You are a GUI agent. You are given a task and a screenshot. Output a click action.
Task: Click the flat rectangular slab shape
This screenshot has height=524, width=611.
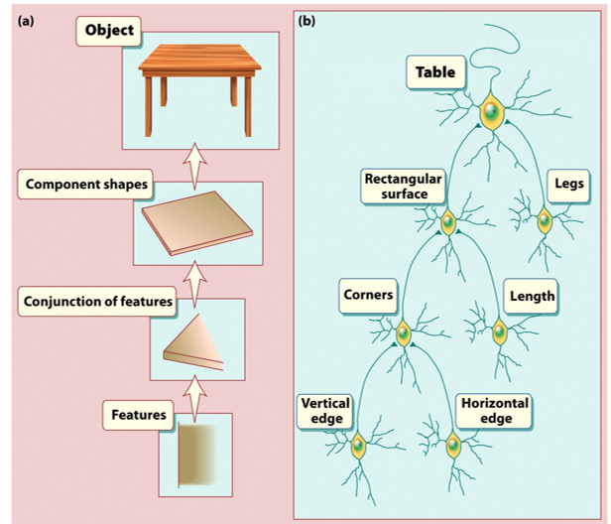click(197, 224)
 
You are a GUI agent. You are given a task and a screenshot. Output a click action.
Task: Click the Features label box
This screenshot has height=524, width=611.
click(139, 415)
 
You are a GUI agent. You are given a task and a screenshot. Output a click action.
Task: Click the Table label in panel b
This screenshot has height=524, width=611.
click(435, 72)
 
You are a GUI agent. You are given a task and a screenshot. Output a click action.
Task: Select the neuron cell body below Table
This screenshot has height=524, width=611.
click(489, 113)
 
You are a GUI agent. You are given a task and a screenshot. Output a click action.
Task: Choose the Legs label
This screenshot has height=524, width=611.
click(568, 184)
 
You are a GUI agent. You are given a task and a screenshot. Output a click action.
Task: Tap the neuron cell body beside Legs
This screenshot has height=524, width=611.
click(544, 220)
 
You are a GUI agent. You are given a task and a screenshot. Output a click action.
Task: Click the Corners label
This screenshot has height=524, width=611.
click(368, 295)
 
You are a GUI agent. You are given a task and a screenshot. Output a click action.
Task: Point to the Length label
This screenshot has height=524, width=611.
click(532, 296)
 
